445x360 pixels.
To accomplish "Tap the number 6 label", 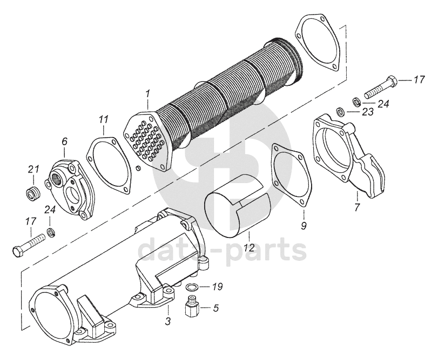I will click(64, 141).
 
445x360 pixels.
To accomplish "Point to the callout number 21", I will click(33, 170).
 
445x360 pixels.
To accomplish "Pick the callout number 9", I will click(304, 225).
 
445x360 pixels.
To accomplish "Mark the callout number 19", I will click(217, 287).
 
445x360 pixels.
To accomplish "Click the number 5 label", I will click(215, 309).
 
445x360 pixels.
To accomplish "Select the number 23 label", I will click(367, 112).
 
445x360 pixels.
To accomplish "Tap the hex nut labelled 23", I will click(341, 112).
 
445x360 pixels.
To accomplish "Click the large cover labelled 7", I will click(349, 157).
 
